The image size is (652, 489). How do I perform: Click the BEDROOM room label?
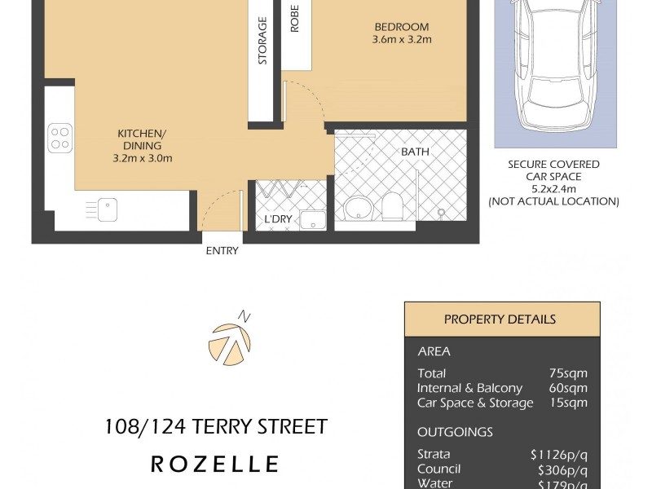coord(401,26)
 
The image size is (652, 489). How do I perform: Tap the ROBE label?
coord(294,18)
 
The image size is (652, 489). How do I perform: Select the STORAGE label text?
coord(262,40)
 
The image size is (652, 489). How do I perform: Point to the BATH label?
coord(414,152)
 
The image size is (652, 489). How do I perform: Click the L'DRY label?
coord(278,220)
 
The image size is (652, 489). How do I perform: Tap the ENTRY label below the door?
coord(222,251)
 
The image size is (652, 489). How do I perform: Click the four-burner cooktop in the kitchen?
coord(59,137)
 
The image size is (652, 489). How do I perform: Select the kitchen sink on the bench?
coord(107,209)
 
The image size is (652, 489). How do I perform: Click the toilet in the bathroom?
coord(392,206)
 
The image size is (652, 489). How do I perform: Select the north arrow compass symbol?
coord(230,341)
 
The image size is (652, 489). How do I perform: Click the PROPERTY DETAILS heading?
coord(500,319)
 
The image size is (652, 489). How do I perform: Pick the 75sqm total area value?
coord(570,373)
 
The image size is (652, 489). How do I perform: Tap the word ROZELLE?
coord(215,465)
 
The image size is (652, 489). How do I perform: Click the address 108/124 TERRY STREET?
coord(216,426)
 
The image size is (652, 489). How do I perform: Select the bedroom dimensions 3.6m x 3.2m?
coord(401,39)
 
